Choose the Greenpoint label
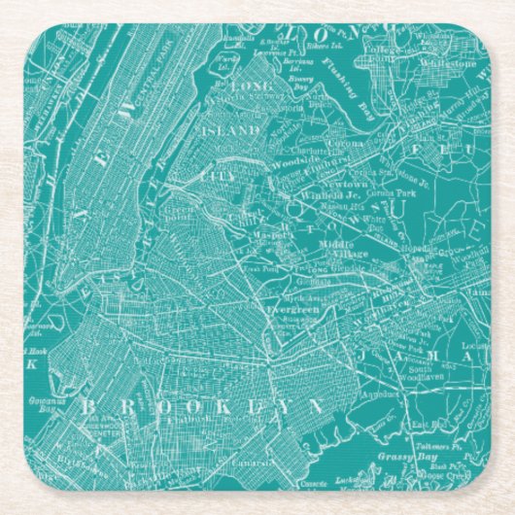[181, 211]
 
